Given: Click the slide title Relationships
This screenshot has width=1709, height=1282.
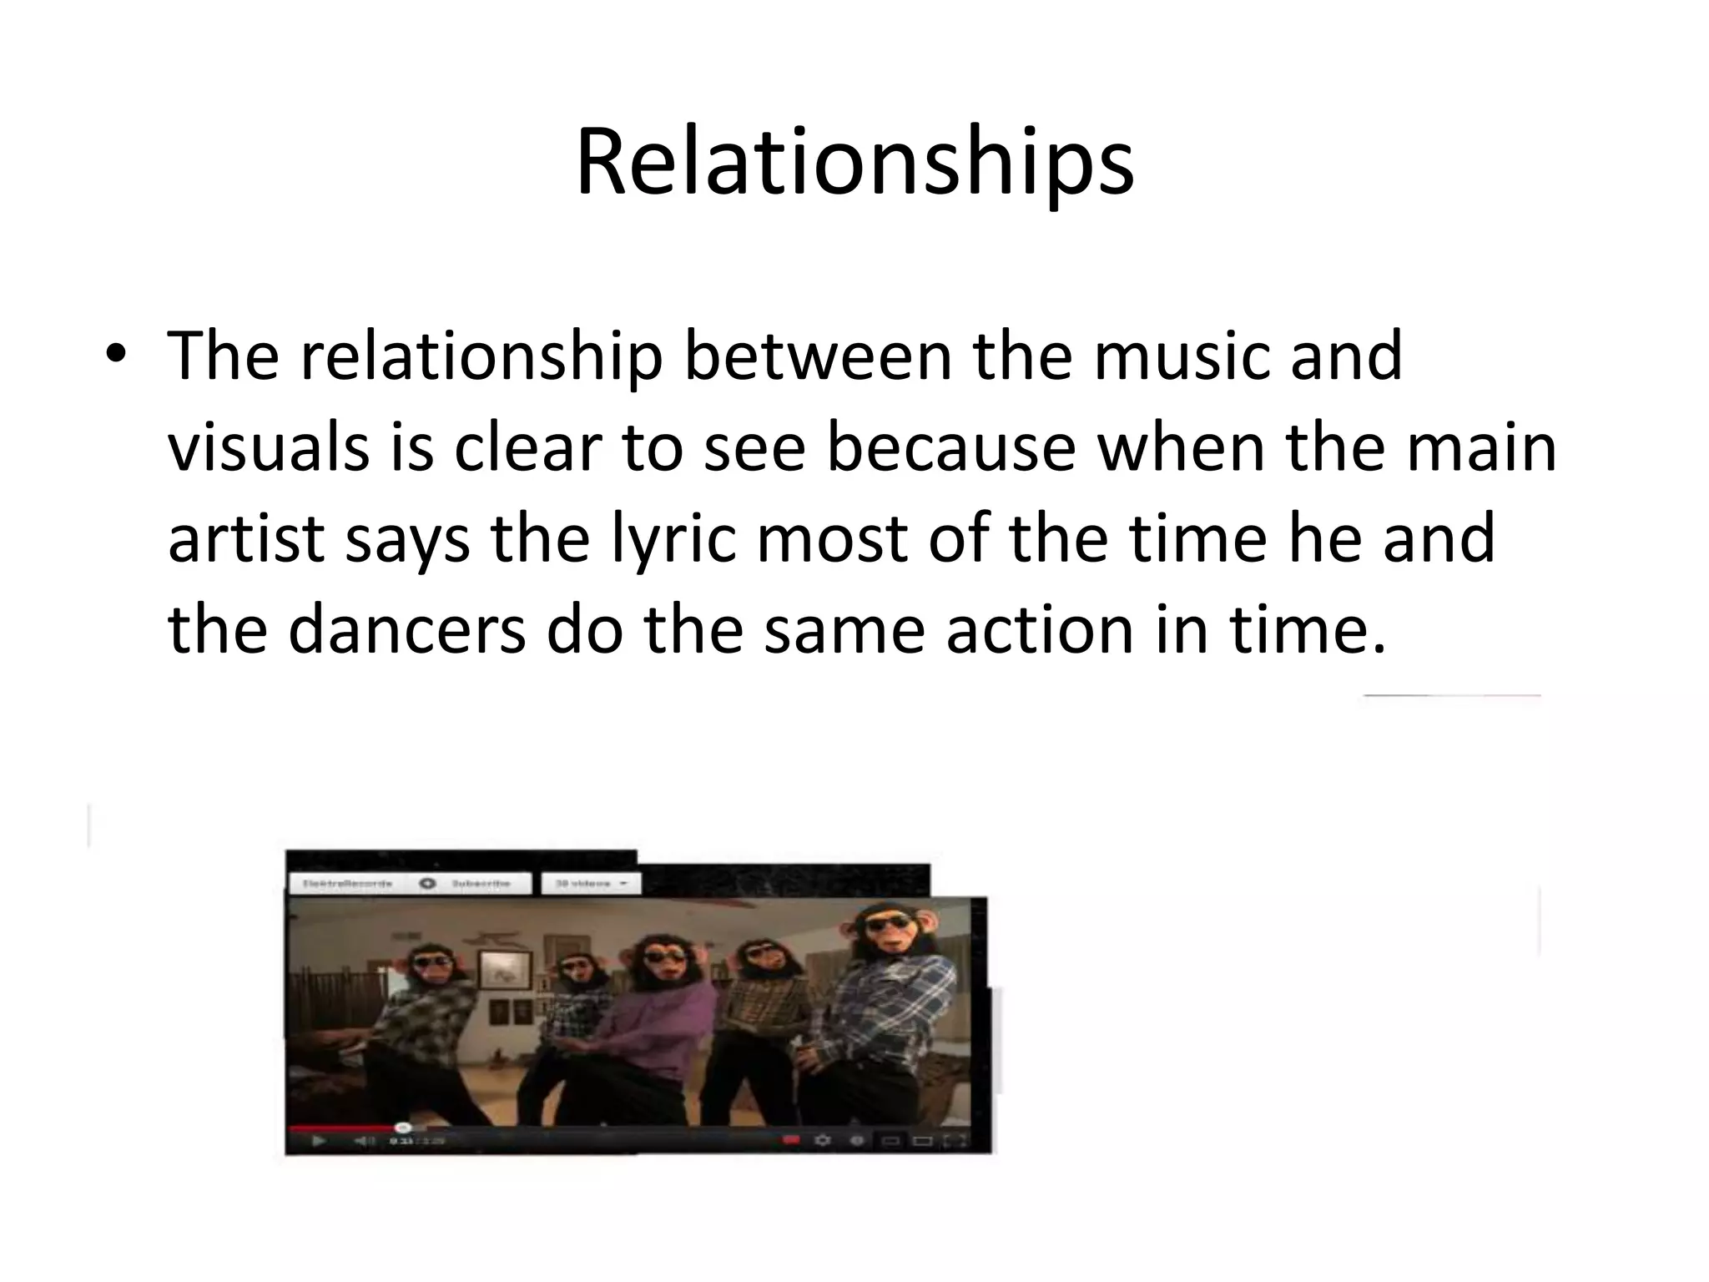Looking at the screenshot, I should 854,163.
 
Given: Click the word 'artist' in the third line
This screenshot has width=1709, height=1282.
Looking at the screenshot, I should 245,538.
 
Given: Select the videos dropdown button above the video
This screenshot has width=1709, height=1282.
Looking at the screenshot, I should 591,883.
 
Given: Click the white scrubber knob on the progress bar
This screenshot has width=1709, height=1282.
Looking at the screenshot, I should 401,1128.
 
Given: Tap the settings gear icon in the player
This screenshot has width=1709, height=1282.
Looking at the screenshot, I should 822,1140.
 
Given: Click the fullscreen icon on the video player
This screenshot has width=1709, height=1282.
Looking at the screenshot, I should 955,1140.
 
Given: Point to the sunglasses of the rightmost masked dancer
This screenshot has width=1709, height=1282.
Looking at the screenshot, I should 888,923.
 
